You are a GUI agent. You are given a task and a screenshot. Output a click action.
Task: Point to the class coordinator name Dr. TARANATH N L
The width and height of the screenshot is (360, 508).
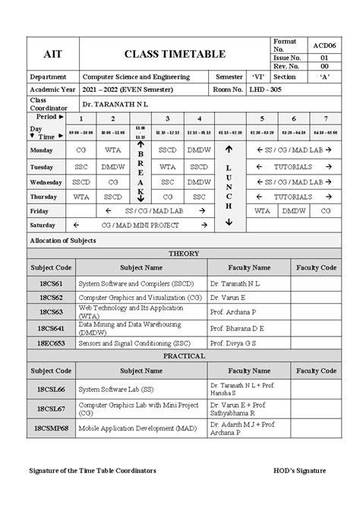point(115,103)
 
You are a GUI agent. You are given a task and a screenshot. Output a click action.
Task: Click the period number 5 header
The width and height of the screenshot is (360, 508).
point(261,119)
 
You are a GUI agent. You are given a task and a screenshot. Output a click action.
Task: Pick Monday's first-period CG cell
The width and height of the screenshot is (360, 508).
point(81,150)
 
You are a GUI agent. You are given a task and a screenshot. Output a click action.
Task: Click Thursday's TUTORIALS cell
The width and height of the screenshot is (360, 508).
point(292,196)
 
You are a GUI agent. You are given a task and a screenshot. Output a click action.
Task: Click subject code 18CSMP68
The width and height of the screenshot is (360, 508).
point(51,429)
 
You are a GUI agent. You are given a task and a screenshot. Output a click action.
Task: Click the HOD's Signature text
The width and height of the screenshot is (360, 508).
point(299,471)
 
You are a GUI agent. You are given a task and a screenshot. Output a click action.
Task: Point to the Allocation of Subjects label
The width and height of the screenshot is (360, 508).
point(62,240)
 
